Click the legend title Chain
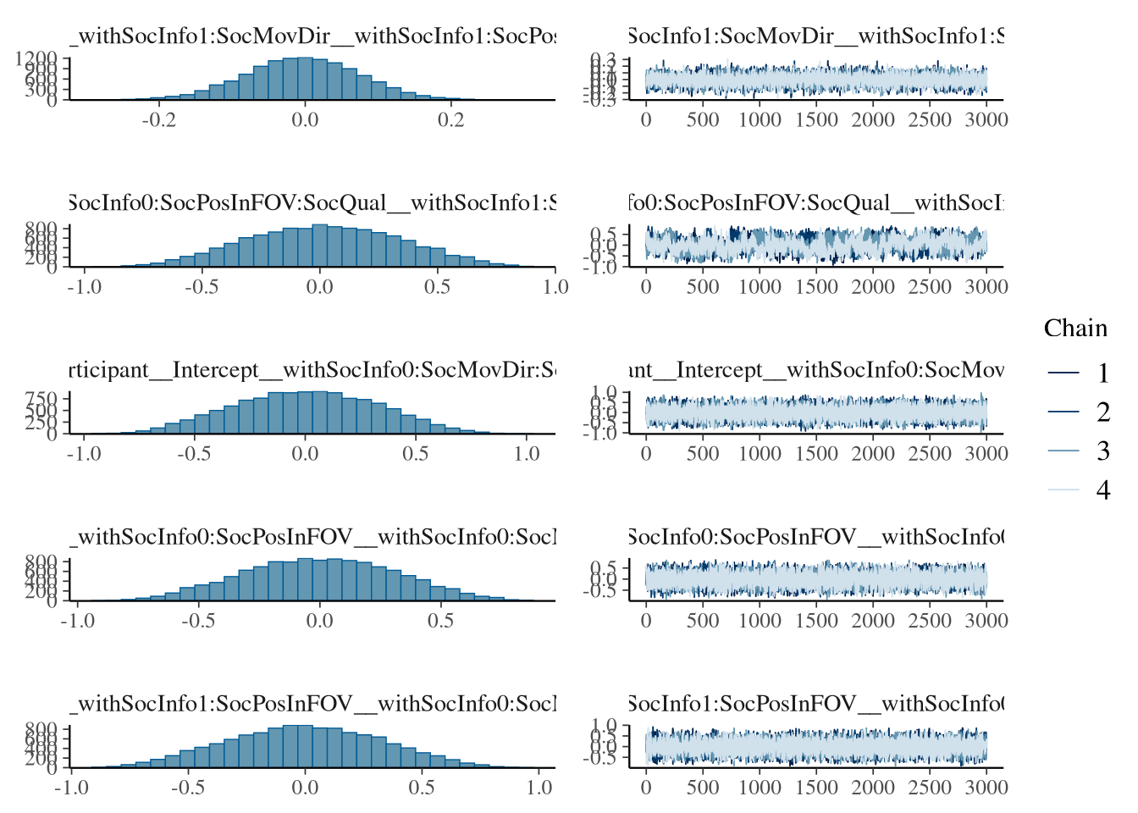tap(1075, 329)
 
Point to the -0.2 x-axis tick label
tap(158, 119)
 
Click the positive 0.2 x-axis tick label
tap(451, 119)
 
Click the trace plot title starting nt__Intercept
tap(816, 370)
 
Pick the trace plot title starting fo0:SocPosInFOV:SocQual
tap(816, 203)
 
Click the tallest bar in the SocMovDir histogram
tap(305, 79)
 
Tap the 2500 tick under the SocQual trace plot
tap(930, 286)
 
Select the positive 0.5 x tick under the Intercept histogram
tap(416, 453)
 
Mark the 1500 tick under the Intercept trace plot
tap(816, 453)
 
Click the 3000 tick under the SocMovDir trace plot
tap(986, 119)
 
